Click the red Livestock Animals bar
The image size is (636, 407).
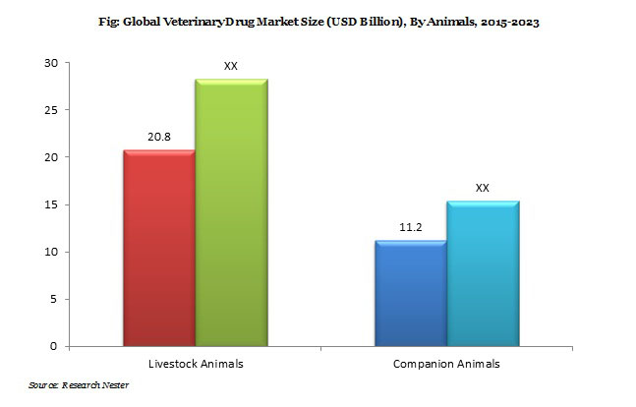click(x=157, y=248)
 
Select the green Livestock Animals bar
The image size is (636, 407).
click(x=232, y=212)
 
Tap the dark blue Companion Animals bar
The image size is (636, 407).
click(x=410, y=293)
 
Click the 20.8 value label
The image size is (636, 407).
click(x=158, y=139)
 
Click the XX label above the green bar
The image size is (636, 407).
click(x=231, y=67)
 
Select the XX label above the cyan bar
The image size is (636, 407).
click(x=483, y=187)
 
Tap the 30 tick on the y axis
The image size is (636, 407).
click(x=51, y=63)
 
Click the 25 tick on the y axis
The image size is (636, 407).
click(x=51, y=110)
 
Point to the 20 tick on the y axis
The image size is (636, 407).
click(x=51, y=157)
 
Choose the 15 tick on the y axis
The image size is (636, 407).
click(x=51, y=204)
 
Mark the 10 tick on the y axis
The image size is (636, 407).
click(x=51, y=252)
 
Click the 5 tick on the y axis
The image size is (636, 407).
click(x=54, y=299)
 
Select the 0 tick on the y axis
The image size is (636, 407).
click(x=54, y=346)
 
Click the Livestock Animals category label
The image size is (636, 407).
click(x=196, y=364)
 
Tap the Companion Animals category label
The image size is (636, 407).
click(x=448, y=364)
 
